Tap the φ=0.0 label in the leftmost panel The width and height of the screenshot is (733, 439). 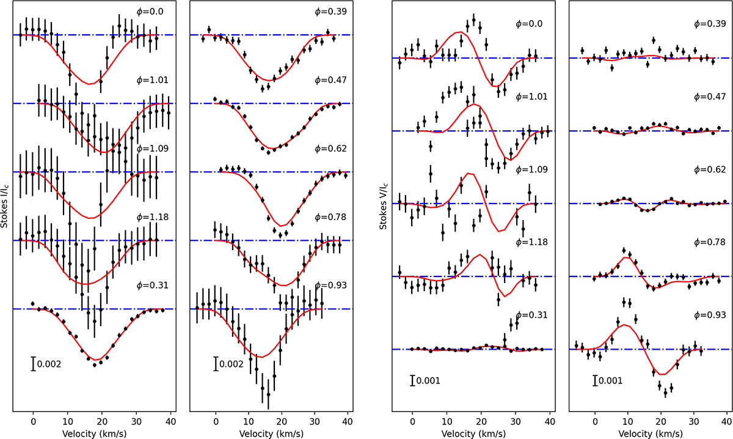point(150,11)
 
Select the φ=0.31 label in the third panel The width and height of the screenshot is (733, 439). point(529,315)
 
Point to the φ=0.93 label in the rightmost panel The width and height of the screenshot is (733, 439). point(710,315)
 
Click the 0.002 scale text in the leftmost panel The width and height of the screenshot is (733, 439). point(49,364)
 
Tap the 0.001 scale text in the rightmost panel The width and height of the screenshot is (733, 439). point(611,380)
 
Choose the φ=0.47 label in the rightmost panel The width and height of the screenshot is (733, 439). point(710,97)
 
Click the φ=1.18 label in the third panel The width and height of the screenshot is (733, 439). point(529,242)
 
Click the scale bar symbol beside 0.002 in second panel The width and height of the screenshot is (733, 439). point(216,364)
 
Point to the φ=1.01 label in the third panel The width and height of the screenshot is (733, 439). point(529,97)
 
